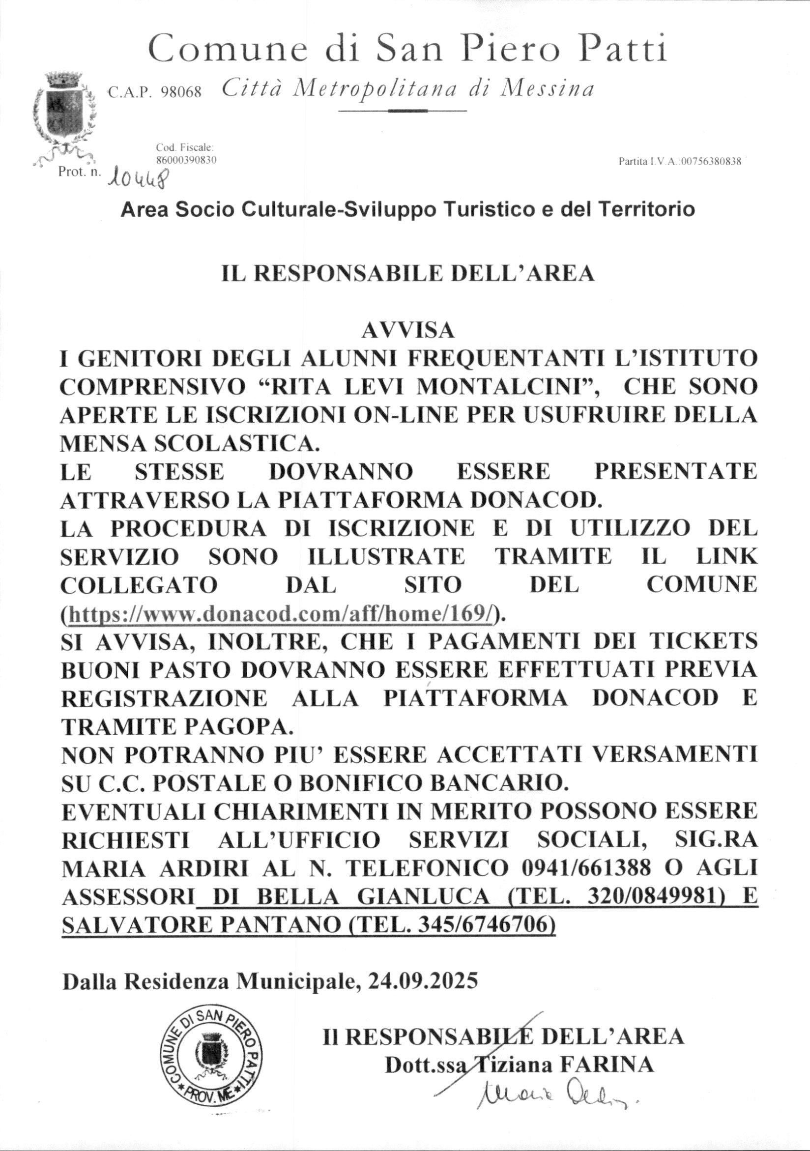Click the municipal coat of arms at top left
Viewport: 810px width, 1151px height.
[x=63, y=118]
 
